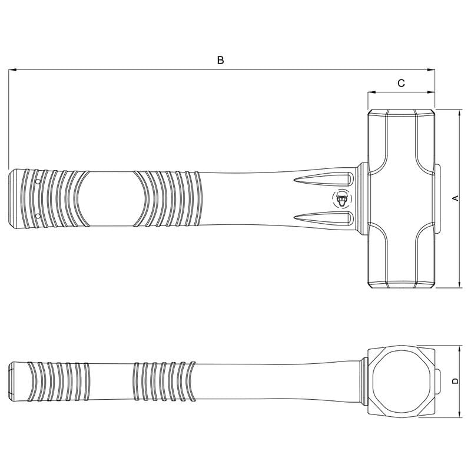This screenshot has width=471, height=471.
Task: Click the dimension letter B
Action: pos(220,60)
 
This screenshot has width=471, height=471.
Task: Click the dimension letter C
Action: pos(401,83)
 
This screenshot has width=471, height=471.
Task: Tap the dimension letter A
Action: pos(456,198)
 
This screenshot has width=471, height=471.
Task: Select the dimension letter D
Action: pos(456,381)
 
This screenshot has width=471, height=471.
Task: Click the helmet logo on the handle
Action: pos(341,199)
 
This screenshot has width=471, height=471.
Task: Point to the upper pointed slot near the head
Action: pos(324,179)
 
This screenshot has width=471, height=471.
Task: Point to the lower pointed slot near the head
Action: pos(324,218)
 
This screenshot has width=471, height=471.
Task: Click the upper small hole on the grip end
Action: pos(38,181)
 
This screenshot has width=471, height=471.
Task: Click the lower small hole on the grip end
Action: pos(38,215)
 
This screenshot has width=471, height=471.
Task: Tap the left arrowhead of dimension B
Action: pos(12,70)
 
